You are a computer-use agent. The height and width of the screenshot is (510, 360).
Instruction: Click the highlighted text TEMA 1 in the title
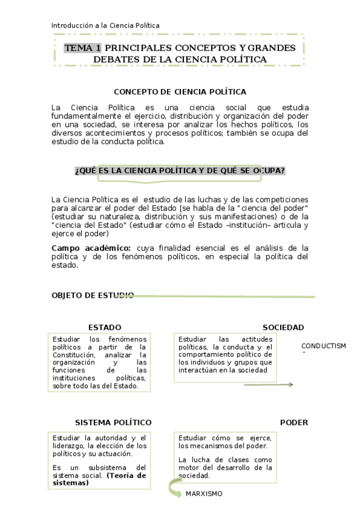tap(82, 48)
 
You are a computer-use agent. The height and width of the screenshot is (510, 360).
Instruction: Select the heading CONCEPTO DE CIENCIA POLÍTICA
tap(180, 92)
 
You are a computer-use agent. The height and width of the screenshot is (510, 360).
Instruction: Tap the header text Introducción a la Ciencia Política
tap(105, 25)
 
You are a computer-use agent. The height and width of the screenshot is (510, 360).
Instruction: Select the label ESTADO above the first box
tap(105, 328)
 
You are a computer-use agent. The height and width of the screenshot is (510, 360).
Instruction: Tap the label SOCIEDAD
tap(283, 328)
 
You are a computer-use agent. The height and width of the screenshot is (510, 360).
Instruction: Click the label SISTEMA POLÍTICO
tap(113, 423)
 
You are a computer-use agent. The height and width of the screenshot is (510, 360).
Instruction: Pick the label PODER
tap(294, 423)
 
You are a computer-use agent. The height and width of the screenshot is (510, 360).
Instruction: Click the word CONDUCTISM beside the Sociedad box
tap(323, 346)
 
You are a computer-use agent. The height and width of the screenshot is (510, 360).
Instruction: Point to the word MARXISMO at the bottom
tap(204, 494)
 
